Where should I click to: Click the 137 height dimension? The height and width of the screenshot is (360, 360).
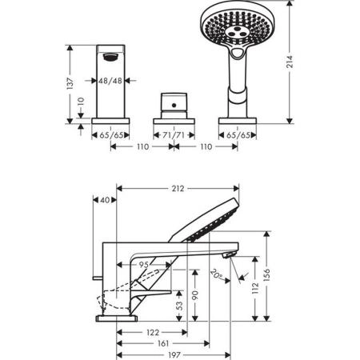(70, 82)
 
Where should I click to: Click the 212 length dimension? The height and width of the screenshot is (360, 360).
(178, 189)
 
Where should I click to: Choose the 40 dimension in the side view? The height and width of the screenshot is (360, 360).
(105, 200)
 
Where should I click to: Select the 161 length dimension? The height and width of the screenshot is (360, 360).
(162, 342)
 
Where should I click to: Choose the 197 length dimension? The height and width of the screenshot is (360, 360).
(174, 354)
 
